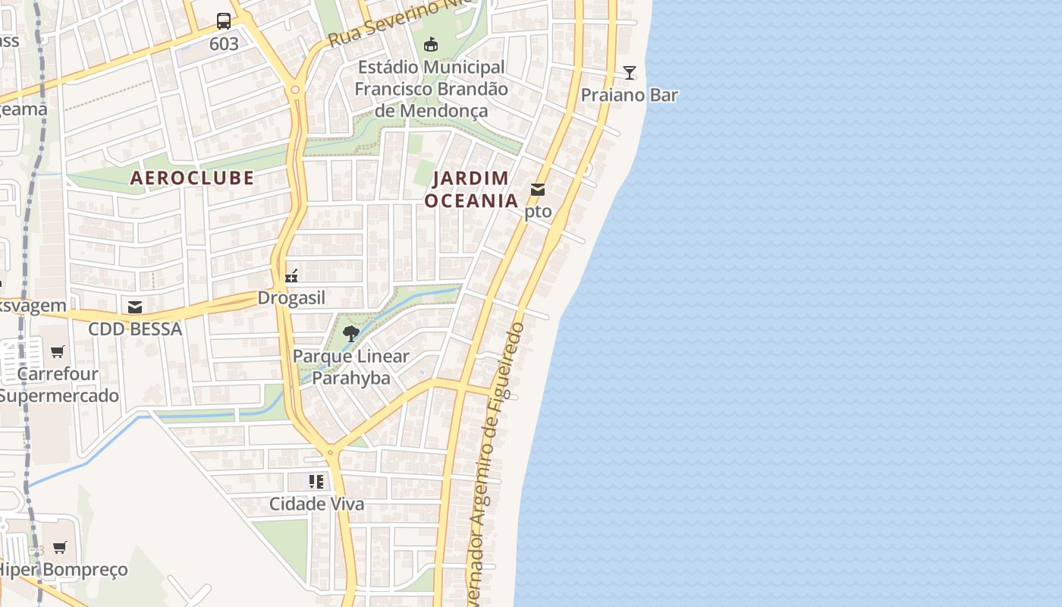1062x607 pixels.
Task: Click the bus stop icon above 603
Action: (224, 21)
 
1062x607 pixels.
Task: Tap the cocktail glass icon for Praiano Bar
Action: (630, 73)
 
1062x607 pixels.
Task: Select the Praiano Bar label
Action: (630, 95)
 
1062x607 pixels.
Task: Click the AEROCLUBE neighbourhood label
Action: (192, 178)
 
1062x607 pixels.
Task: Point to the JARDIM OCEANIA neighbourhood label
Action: (471, 190)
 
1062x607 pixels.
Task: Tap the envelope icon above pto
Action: (538, 190)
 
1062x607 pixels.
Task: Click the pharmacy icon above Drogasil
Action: (291, 276)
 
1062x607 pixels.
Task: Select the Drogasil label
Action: (291, 298)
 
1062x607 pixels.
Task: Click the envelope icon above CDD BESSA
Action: (135, 307)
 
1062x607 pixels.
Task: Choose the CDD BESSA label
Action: (135, 329)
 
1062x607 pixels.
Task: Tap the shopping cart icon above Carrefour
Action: (58, 351)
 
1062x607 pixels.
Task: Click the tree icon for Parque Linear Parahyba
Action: (350, 333)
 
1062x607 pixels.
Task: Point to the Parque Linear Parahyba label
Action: (351, 367)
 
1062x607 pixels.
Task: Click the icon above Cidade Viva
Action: (316, 481)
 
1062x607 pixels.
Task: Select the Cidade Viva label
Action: (316, 504)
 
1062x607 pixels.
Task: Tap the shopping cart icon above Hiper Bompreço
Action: (60, 547)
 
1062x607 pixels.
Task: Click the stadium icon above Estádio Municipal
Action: (431, 45)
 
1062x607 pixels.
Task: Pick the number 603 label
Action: (224, 44)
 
